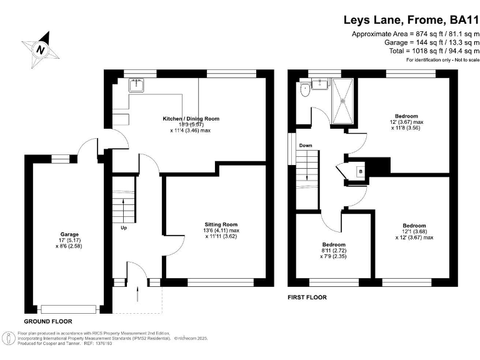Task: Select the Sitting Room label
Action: [221, 224]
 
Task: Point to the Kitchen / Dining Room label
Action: [191, 119]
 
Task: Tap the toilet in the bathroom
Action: [305, 89]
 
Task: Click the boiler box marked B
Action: [360, 171]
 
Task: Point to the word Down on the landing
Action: [306, 146]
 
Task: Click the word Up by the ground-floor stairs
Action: [124, 227]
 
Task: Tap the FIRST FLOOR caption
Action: [307, 297]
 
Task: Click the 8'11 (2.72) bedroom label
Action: [334, 251]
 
